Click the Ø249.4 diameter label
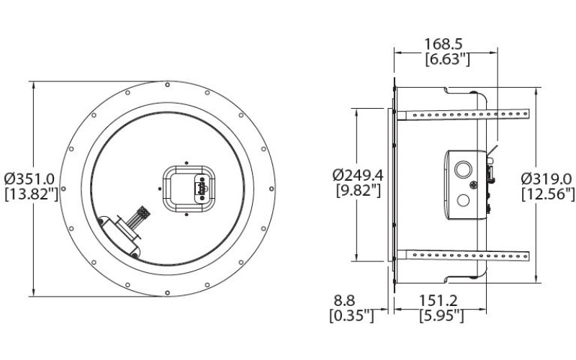359,175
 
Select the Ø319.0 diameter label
546,178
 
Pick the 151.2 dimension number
441,300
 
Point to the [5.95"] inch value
441,315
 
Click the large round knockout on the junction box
464,170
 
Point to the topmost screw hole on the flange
167,85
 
